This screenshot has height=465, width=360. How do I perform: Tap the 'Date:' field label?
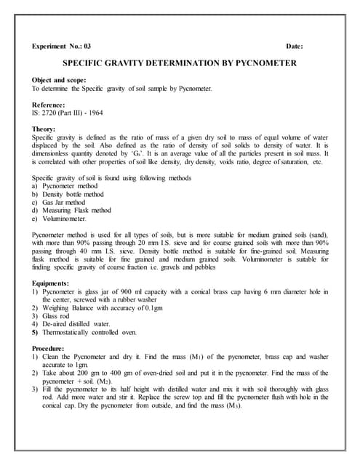click(x=295, y=46)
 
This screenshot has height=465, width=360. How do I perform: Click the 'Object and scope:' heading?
click(x=60, y=79)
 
